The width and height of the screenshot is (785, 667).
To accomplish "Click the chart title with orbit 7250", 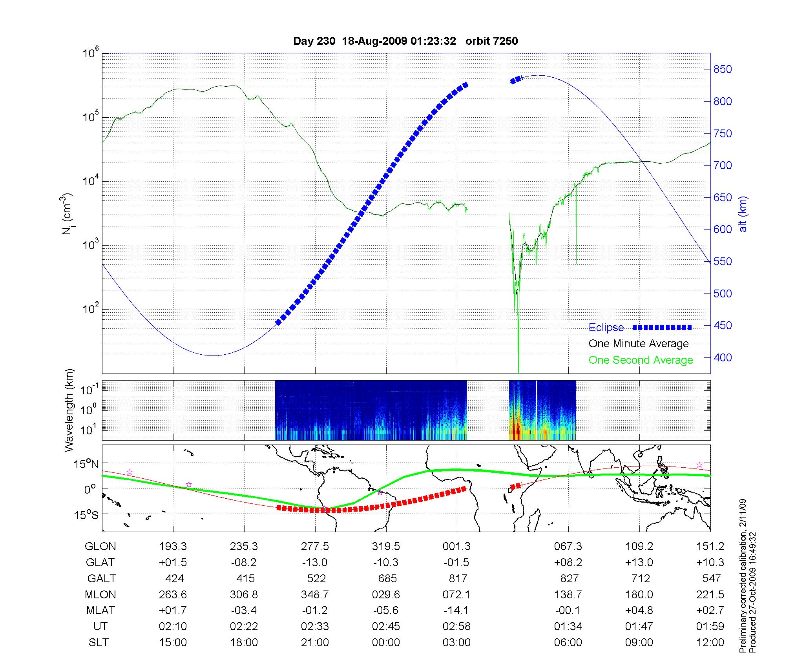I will click(405, 41).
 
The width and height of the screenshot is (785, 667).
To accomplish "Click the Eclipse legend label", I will click(606, 328).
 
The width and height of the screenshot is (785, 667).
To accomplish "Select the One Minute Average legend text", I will click(639, 344).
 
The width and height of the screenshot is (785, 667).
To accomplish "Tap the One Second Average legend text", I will click(641, 360).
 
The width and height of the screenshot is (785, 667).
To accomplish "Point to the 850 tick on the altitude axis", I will click(723, 69).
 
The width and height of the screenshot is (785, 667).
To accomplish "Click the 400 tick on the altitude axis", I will click(723, 357).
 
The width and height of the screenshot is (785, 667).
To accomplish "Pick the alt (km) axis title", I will click(743, 214).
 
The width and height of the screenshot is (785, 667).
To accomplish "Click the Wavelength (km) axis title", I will click(69, 410).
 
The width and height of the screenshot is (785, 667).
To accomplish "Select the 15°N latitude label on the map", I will click(86, 465).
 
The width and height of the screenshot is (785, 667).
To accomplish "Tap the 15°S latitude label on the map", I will click(86, 514).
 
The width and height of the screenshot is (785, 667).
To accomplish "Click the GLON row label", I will click(100, 547).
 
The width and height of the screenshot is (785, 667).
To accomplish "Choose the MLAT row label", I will click(100, 611).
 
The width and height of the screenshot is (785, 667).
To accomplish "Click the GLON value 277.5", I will click(315, 547).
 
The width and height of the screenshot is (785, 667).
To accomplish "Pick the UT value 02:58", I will click(456, 627).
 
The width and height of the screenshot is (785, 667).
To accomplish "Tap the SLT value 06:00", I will click(568, 643).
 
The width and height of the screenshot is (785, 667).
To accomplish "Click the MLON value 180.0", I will click(639, 595).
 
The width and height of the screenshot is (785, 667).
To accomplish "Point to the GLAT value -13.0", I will click(315, 563).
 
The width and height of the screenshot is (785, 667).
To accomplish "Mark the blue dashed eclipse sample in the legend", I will click(662, 327).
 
